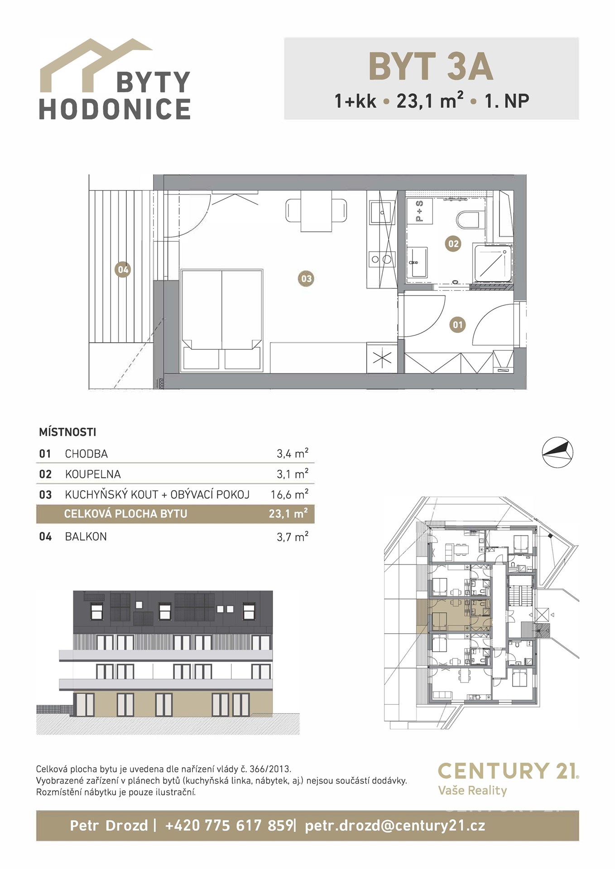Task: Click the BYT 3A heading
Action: pyautogui.click(x=431, y=67)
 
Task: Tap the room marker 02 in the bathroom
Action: pyautogui.click(x=453, y=244)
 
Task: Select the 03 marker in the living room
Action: pyautogui.click(x=307, y=278)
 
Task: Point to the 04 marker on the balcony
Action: pyautogui.click(x=123, y=270)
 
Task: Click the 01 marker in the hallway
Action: pyautogui.click(x=457, y=325)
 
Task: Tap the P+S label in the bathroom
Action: pyautogui.click(x=419, y=211)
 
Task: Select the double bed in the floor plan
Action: pyautogui.click(x=222, y=320)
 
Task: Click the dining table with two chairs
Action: pyautogui.click(x=317, y=211)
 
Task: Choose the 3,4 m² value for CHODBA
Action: pyautogui.click(x=293, y=453)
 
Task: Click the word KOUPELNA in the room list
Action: pyautogui.click(x=93, y=474)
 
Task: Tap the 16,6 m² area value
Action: pyautogui.click(x=290, y=494)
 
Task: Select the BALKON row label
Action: pyautogui.click(x=86, y=537)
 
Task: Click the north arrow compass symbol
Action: pyautogui.click(x=557, y=452)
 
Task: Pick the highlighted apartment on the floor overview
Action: pyautogui.click(x=454, y=615)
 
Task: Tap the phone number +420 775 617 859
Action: pyautogui.click(x=229, y=826)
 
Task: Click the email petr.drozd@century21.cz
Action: pyautogui.click(x=395, y=826)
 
